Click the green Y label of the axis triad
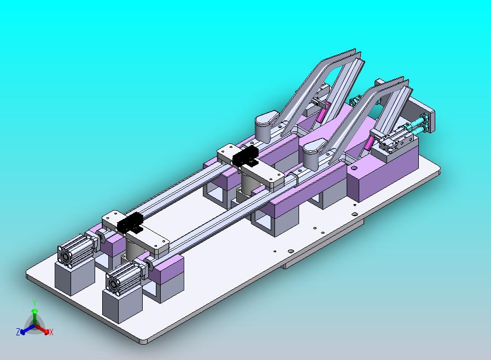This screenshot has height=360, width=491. [x=35, y=303]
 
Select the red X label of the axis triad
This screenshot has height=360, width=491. [x=51, y=332]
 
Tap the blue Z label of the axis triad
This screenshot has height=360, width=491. [x=18, y=332]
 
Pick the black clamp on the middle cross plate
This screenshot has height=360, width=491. [x=245, y=156]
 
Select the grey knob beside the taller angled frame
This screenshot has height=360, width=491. [x=266, y=126]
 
